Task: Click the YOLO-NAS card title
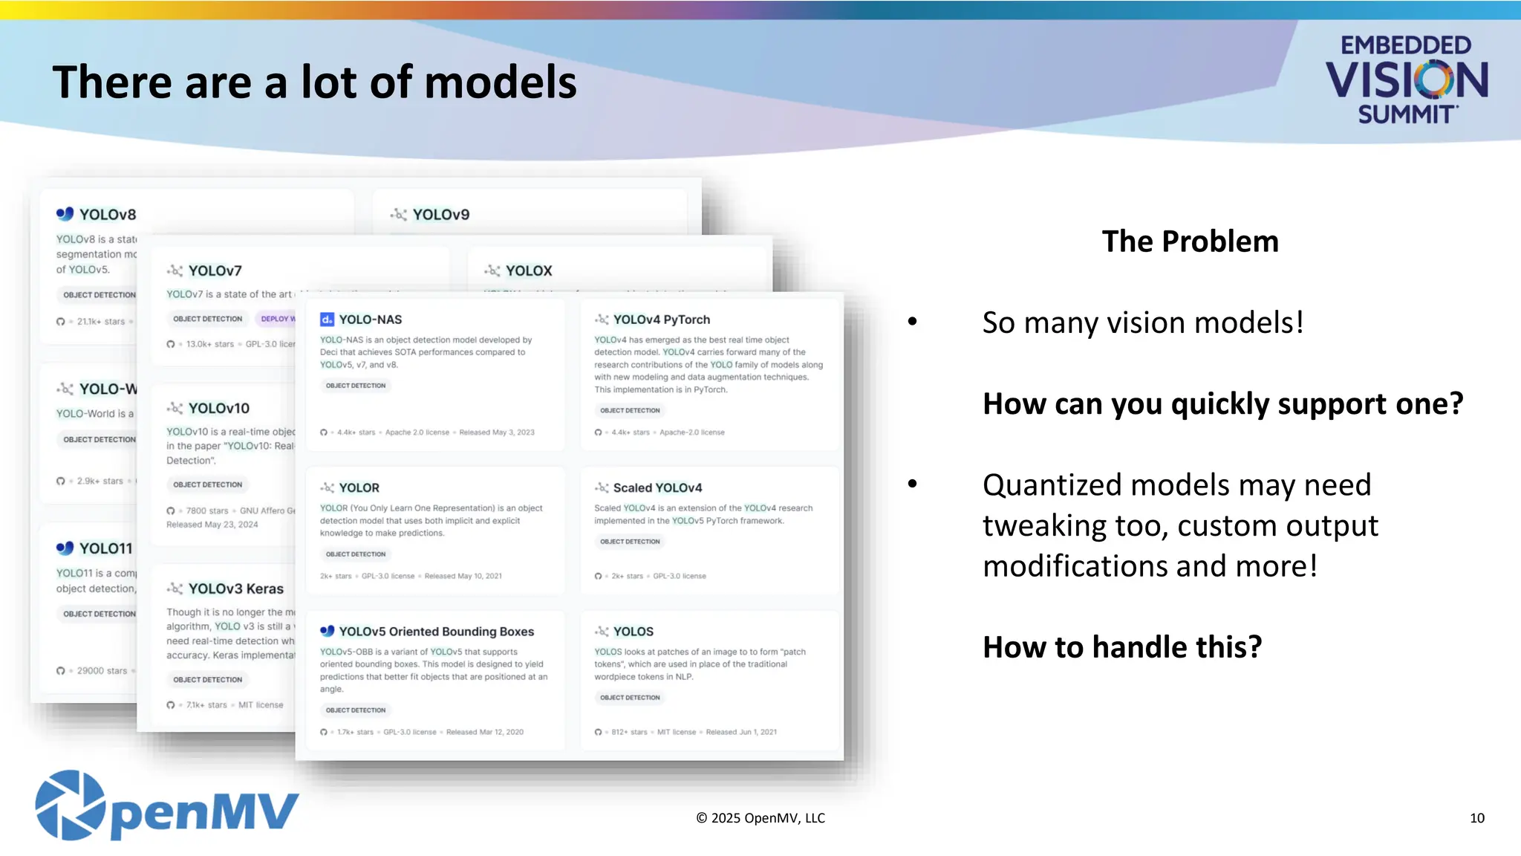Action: tap(370, 320)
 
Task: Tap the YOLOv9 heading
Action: tap(440, 215)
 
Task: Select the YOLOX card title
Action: tap(528, 271)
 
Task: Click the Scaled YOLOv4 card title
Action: tap(657, 488)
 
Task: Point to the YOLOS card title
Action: tap(633, 632)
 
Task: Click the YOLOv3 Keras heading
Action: tap(235, 589)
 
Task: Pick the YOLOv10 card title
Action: tap(218, 409)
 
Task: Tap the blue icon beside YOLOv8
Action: tap(65, 214)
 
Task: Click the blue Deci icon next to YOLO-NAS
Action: tap(327, 320)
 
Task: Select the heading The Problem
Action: tap(1190, 242)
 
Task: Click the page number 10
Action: tap(1476, 818)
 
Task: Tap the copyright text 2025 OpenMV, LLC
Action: tap(760, 818)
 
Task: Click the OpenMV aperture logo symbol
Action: tap(71, 805)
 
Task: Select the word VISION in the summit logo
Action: tap(1406, 80)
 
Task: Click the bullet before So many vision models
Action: tap(913, 322)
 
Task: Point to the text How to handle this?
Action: tap(1122, 647)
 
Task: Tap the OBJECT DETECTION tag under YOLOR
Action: tap(356, 554)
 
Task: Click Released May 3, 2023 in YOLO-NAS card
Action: tap(496, 432)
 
